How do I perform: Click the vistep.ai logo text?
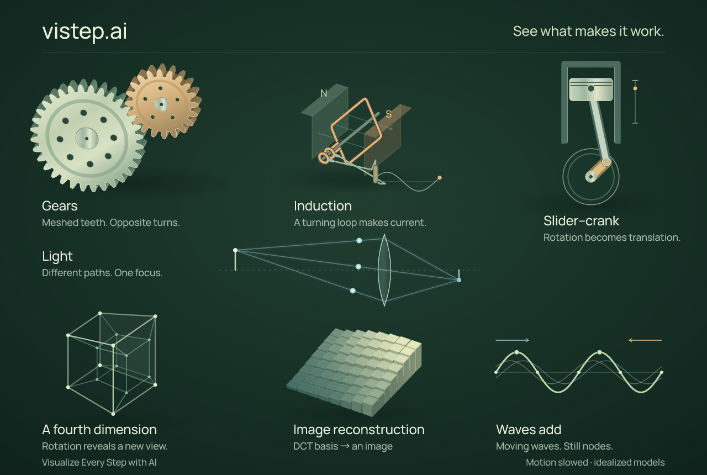tap(85, 31)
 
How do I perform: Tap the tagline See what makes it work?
tap(588, 31)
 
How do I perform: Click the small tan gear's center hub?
tap(162, 104)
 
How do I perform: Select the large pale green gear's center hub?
tap(87, 138)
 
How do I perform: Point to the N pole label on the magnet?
tap(324, 93)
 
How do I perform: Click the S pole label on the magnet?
tap(388, 114)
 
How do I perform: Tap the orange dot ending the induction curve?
tap(440, 178)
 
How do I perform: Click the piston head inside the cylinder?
tap(590, 89)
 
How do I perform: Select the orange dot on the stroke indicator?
tap(635, 88)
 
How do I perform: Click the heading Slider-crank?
tap(581, 220)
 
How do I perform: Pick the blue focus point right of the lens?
tap(459, 280)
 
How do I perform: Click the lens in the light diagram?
tap(384, 270)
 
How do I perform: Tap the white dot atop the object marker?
tap(235, 250)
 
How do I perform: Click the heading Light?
tap(57, 256)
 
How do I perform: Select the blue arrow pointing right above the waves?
tap(512, 340)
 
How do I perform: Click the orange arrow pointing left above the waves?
tap(645, 340)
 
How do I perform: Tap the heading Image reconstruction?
tap(359, 430)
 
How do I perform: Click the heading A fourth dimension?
tap(99, 430)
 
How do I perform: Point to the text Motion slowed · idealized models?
tap(595, 462)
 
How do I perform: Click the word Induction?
tap(323, 206)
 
